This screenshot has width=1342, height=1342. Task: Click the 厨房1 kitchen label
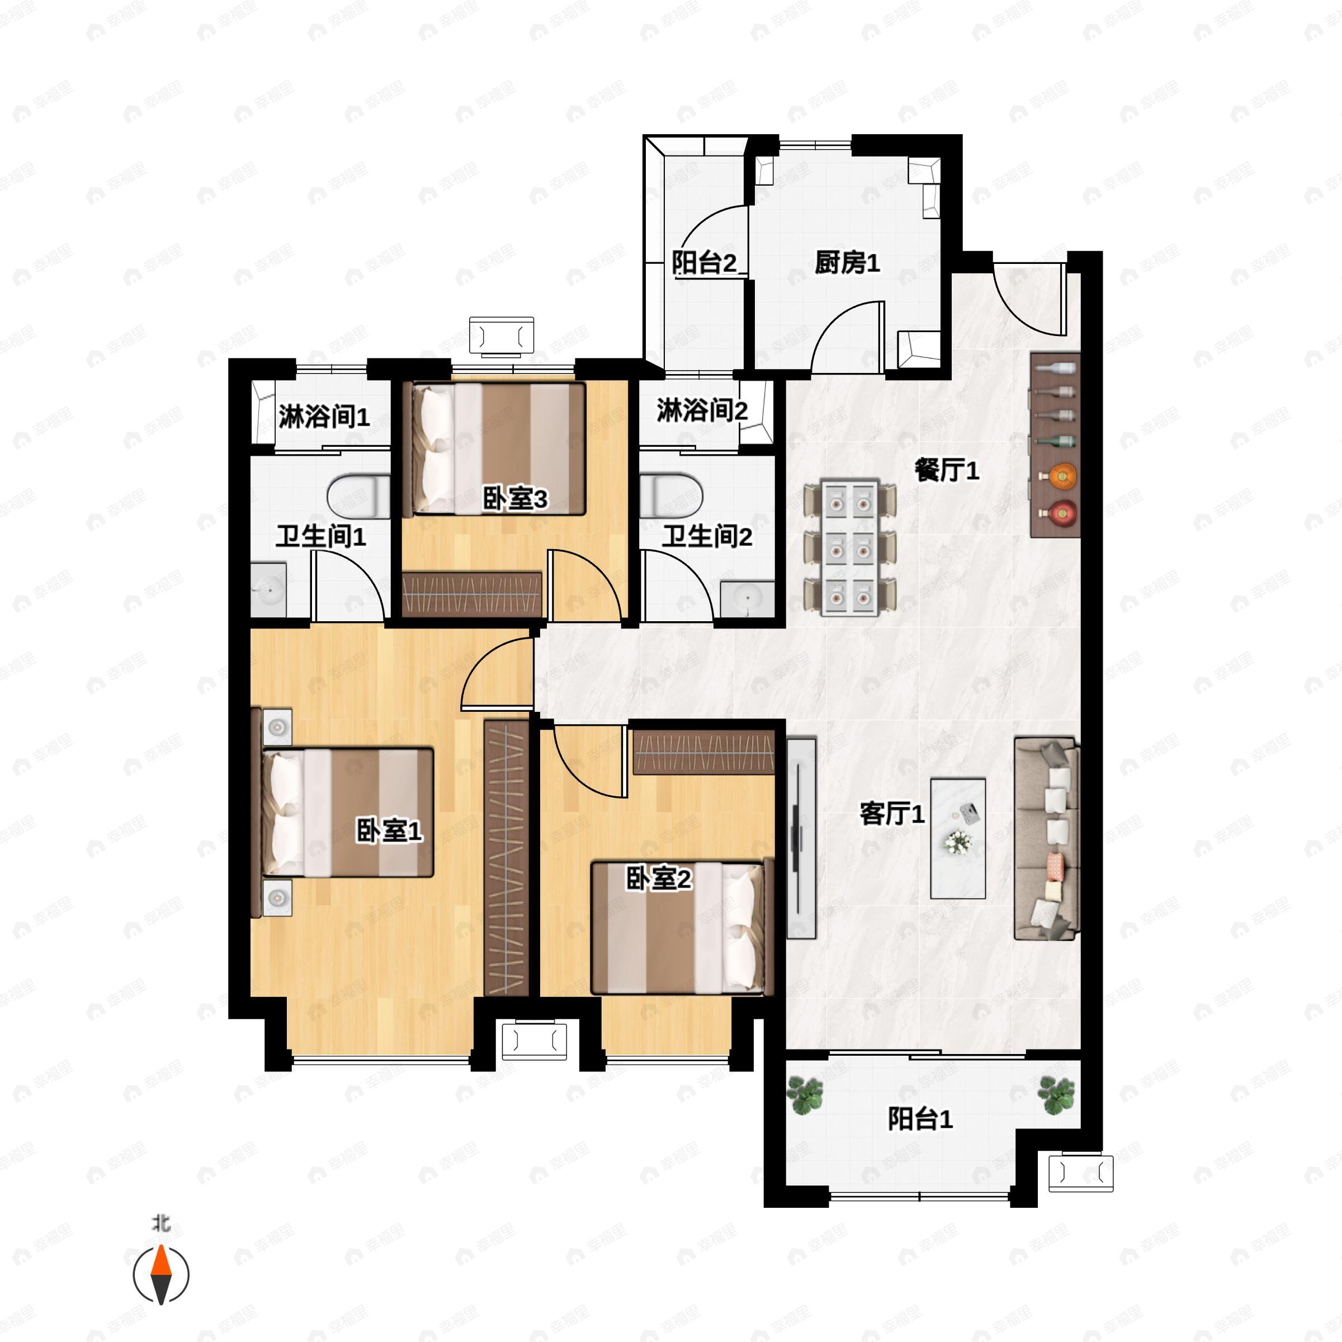847,263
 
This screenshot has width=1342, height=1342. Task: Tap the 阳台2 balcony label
703,263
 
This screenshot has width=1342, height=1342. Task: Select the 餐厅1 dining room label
946,470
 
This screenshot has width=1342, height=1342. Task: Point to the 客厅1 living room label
892,814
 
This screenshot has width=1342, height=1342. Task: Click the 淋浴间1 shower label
324,417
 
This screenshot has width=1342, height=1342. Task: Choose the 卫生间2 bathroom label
706,536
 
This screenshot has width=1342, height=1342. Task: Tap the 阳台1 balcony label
920,1119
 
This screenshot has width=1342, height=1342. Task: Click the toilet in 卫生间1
358,496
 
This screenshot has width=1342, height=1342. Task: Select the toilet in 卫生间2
671,495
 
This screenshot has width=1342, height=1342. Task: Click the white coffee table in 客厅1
958,838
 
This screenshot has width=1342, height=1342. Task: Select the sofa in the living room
1047,838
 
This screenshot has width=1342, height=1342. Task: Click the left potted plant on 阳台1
805,1095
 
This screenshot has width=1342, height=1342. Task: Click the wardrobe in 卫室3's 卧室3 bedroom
471,594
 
